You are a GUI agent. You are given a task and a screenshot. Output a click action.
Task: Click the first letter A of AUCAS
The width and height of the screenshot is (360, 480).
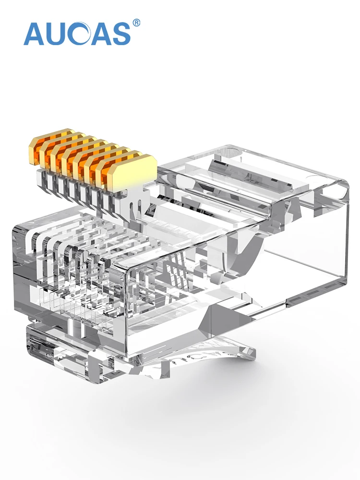(34, 34)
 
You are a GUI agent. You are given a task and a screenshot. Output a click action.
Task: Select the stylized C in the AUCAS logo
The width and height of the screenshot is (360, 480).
(80, 34)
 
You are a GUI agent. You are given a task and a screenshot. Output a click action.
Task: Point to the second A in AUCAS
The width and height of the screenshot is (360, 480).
(100, 34)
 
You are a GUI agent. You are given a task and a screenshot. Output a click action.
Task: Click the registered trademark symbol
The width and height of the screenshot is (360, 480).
(136, 23)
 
